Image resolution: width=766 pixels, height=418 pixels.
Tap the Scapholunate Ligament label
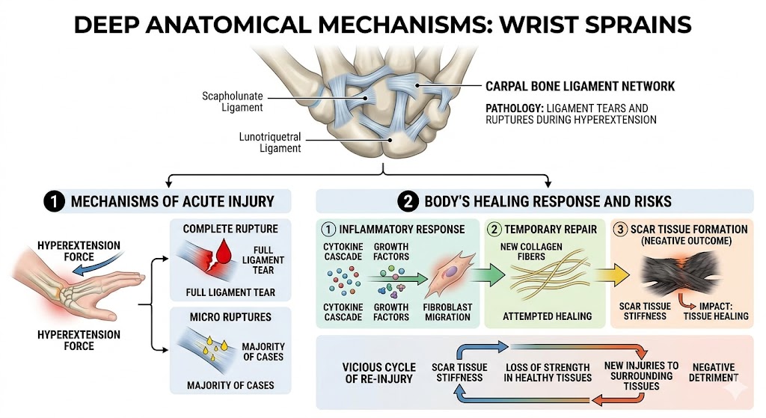[233, 102]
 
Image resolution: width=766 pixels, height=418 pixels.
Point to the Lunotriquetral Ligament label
[269, 143]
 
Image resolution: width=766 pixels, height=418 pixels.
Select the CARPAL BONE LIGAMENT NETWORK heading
[580, 87]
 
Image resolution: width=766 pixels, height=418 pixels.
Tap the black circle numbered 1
[54, 201]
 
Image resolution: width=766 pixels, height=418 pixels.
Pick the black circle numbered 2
[408, 201]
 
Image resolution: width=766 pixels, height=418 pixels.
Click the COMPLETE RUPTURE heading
[230, 229]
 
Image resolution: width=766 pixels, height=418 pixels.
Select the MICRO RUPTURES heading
[230, 317]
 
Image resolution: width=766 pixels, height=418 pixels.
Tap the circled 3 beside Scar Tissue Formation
[620, 229]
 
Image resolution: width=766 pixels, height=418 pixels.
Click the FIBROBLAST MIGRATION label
[447, 312]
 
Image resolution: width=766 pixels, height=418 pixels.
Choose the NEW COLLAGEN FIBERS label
[531, 251]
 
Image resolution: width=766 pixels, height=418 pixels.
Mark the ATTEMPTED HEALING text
[547, 316]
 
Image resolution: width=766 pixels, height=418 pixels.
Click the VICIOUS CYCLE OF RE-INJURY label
[379, 373]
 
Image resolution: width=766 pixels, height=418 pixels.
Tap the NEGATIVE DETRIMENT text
[713, 372]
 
